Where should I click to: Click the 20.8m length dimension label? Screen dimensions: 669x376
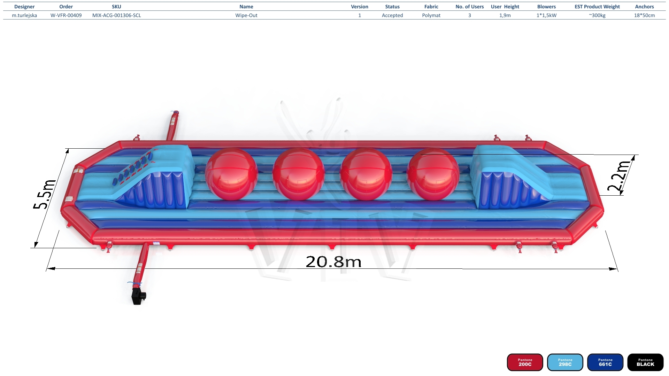[333, 262]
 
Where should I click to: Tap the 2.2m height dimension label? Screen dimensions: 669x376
[619, 176]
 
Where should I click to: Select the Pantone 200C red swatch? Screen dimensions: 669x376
[525, 362]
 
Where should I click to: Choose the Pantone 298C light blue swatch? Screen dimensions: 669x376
[565, 362]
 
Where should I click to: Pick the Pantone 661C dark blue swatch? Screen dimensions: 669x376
[605, 362]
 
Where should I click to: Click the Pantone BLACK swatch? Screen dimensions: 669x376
[645, 362]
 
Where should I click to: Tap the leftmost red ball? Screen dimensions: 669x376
[231, 174]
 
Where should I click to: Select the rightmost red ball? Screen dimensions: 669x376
[433, 174]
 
